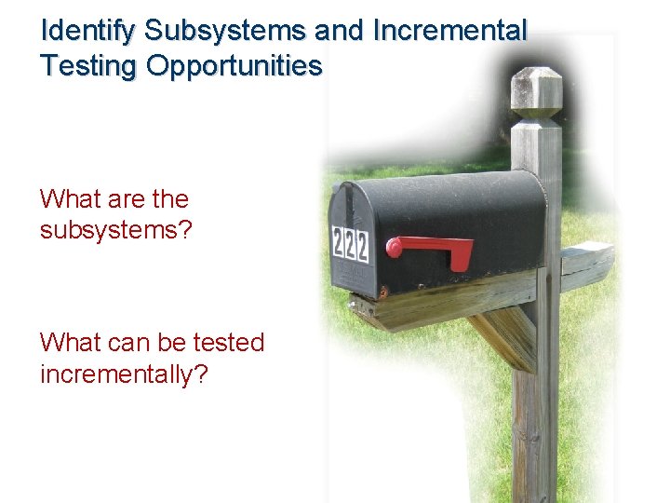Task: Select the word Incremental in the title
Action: tap(449, 31)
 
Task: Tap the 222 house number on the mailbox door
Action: tap(351, 244)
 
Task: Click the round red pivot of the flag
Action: tap(395, 248)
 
